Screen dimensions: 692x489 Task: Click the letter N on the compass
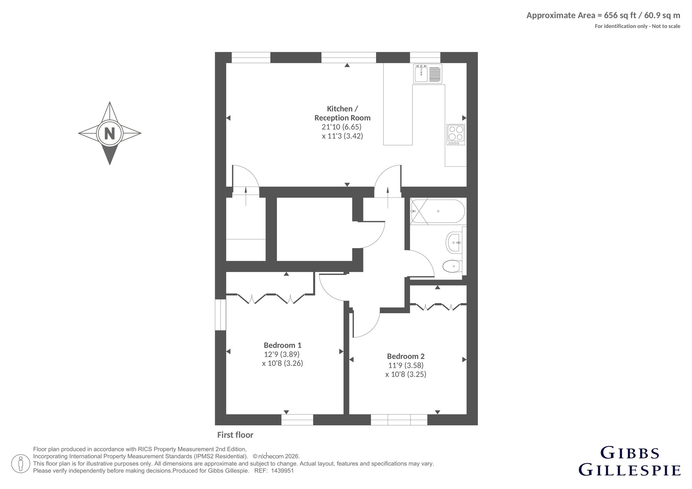[x=110, y=133]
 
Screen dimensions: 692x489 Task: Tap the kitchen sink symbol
[x=428, y=74]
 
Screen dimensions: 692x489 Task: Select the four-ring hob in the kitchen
[x=456, y=134]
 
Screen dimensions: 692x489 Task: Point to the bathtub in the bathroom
[x=437, y=211]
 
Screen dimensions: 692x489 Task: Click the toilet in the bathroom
[x=452, y=266]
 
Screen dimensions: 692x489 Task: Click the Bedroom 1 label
[x=283, y=345]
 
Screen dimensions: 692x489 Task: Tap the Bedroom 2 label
[x=406, y=356]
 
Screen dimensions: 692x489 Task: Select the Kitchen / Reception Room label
[x=342, y=113]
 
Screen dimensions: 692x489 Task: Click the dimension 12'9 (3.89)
[x=282, y=354]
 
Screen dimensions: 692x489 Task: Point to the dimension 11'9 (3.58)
[x=406, y=365]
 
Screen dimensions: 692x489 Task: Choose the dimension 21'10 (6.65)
[x=341, y=127]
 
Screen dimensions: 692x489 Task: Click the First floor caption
[x=235, y=435]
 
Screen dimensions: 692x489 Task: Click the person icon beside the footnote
[x=20, y=464]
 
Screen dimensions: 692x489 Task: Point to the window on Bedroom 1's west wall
[x=221, y=315]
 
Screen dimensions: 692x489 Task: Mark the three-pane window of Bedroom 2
[x=399, y=420]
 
